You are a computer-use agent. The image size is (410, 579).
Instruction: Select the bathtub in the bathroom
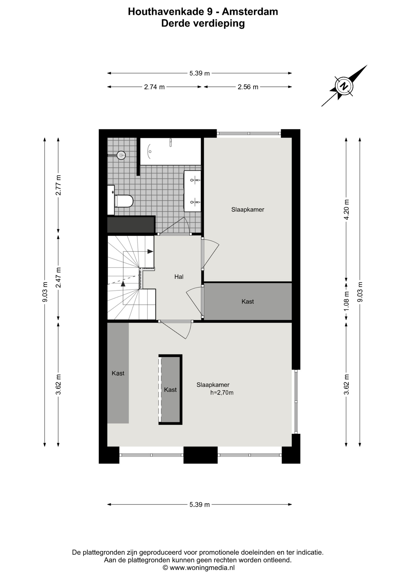171,151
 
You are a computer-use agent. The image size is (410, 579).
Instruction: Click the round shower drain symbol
121,155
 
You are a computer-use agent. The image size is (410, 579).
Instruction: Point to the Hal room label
179,277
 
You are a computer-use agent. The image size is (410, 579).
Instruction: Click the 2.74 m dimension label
154,87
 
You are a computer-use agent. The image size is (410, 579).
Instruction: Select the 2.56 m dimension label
248,87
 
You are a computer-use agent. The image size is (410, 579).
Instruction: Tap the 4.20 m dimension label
346,209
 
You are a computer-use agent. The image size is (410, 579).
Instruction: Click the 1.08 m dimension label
346,301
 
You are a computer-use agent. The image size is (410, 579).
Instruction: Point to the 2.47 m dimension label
58,277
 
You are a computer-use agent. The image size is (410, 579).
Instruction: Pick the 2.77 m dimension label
58,185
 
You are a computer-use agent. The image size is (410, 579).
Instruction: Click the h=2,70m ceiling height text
222,393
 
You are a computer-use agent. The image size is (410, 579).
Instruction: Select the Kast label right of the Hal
248,302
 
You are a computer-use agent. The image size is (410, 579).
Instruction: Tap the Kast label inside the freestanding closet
170,390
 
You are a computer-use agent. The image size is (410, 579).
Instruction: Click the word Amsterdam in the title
250,11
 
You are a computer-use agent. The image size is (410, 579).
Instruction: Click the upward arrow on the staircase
123,283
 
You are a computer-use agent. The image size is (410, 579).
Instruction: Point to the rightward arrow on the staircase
150,252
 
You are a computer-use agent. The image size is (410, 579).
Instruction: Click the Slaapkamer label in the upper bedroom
248,210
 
